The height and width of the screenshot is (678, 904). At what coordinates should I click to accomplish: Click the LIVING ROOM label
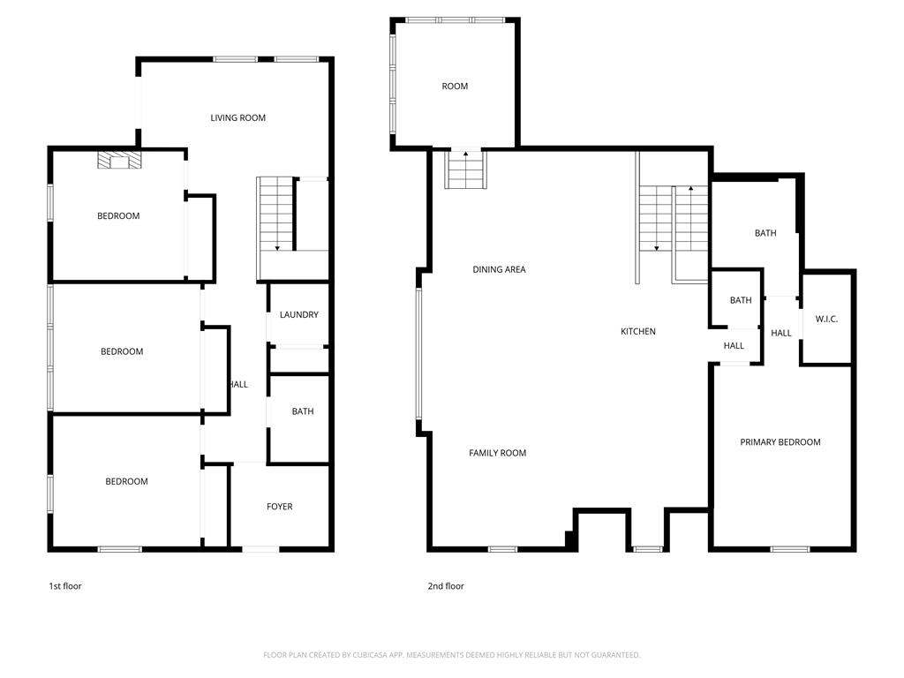[x=237, y=117]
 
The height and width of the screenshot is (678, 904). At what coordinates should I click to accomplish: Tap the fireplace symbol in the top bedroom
[x=119, y=161]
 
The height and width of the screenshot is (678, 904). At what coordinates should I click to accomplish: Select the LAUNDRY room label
[x=298, y=315]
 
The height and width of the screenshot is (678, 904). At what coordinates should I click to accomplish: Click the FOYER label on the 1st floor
[x=279, y=507]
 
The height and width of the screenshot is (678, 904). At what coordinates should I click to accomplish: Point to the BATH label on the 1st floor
[x=303, y=411]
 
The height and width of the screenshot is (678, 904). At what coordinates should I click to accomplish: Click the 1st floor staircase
[x=276, y=214]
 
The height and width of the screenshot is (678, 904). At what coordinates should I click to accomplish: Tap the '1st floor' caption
[x=65, y=586]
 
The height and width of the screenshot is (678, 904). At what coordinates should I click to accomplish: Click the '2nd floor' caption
[x=446, y=586]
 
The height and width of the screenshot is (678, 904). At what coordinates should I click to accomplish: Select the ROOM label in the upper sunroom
[x=455, y=87]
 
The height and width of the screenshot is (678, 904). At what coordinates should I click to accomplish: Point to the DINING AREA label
[x=499, y=269]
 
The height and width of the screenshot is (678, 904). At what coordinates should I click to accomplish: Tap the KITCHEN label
[x=637, y=332]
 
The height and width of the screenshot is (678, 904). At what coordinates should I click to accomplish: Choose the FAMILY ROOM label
[x=497, y=453]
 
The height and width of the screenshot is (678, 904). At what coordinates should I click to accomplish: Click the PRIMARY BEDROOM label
[x=780, y=442]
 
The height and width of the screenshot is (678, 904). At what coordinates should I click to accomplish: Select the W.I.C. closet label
[x=826, y=320]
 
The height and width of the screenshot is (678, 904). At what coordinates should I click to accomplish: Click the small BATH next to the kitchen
[x=741, y=300]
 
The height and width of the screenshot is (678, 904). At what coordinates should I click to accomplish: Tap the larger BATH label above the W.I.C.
[x=765, y=233]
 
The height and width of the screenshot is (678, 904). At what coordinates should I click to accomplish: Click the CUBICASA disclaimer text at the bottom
[x=451, y=655]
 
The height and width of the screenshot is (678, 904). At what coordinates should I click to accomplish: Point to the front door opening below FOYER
[x=260, y=549]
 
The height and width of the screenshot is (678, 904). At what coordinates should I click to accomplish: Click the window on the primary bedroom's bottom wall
[x=790, y=549]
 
